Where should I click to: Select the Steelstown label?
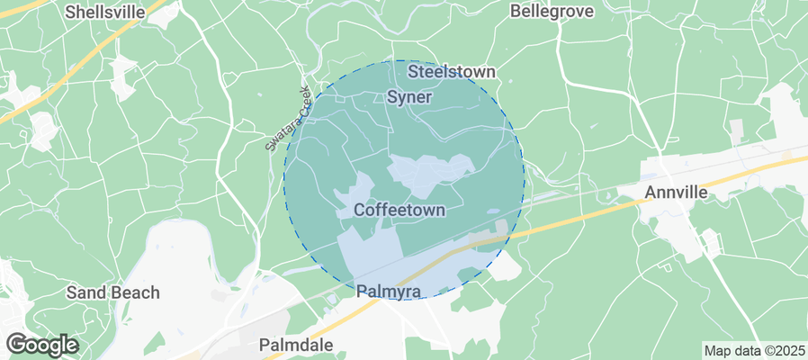[x=452, y=71]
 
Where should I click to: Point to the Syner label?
[x=410, y=96]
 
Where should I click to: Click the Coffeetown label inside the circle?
[x=400, y=210]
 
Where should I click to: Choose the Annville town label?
[x=680, y=192]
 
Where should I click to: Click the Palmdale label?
[x=296, y=345]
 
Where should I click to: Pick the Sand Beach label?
[x=113, y=292]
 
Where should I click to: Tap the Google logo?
[x=42, y=344]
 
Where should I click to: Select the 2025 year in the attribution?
[x=789, y=350]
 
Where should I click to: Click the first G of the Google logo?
[x=16, y=344]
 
